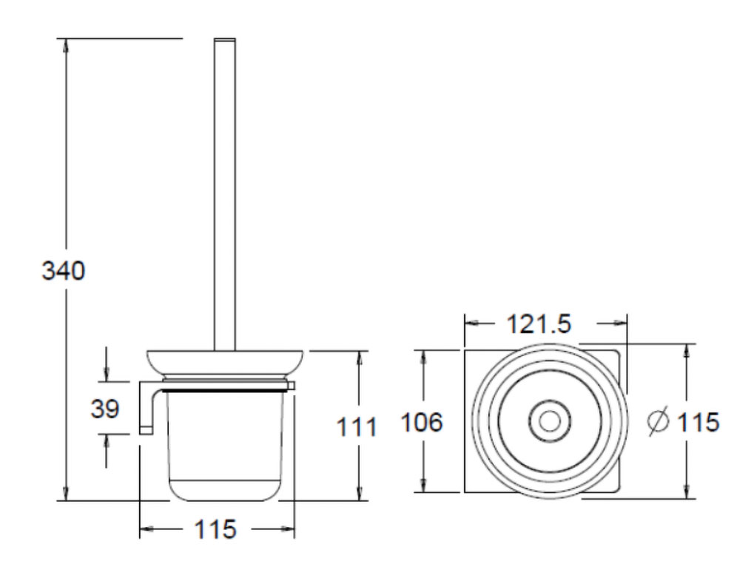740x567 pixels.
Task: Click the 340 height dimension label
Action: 63,271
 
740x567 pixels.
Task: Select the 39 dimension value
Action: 105,408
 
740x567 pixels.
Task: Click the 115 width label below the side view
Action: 215,529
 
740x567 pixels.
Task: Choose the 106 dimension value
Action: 421,423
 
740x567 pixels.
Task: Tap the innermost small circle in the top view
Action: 548,420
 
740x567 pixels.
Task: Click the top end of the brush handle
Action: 223,41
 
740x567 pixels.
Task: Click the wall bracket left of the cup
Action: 147,407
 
